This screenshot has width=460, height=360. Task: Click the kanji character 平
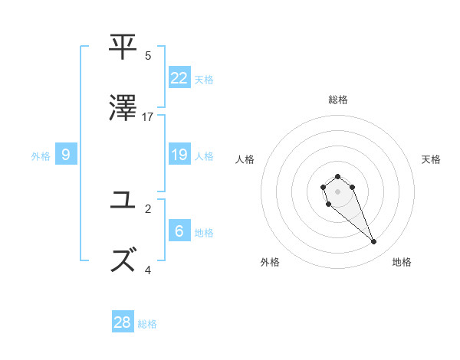pos(123,47)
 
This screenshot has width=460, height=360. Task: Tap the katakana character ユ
pos(123,200)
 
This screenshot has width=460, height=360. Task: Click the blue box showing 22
pos(179,77)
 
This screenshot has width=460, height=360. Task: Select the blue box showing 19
pos(179,155)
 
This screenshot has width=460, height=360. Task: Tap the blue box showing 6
pos(179,231)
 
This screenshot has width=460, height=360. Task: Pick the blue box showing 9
pos(66,155)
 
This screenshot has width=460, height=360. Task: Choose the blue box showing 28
pos(123,322)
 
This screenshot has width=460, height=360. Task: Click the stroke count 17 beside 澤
pos(148,116)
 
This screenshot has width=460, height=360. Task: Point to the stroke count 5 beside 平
pos(148,55)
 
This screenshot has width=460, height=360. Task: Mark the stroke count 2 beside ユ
pos(148,208)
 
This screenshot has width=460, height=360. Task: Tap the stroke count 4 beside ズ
pos(148,270)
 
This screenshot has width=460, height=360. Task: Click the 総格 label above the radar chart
pos(337,100)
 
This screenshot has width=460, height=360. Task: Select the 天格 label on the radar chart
pos(431,159)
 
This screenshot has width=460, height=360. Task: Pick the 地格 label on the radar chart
pos(402,262)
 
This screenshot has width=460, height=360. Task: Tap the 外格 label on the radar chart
pos(270,262)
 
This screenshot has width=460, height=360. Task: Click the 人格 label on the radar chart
pos(245,159)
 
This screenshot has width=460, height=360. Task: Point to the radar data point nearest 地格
pos(373,242)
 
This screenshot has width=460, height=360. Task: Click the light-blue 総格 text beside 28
pos(147,324)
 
